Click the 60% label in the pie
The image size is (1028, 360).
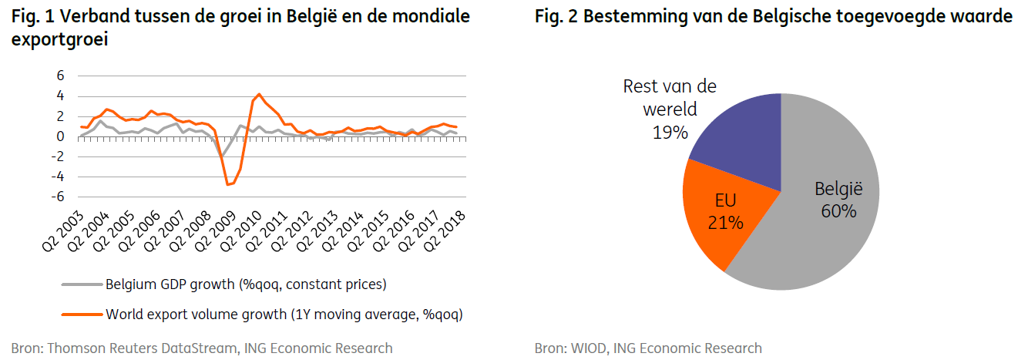point(838,210)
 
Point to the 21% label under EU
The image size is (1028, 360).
point(725,223)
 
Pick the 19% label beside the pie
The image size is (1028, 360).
point(669,132)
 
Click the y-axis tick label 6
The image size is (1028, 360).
point(60,76)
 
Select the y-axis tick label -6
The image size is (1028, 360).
point(57,197)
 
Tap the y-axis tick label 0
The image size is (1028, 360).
point(60,136)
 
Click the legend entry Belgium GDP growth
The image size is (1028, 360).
point(246,284)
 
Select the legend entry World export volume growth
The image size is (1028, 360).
point(284,314)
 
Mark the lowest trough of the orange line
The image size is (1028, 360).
point(227,184)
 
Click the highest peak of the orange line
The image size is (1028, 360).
point(260,94)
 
